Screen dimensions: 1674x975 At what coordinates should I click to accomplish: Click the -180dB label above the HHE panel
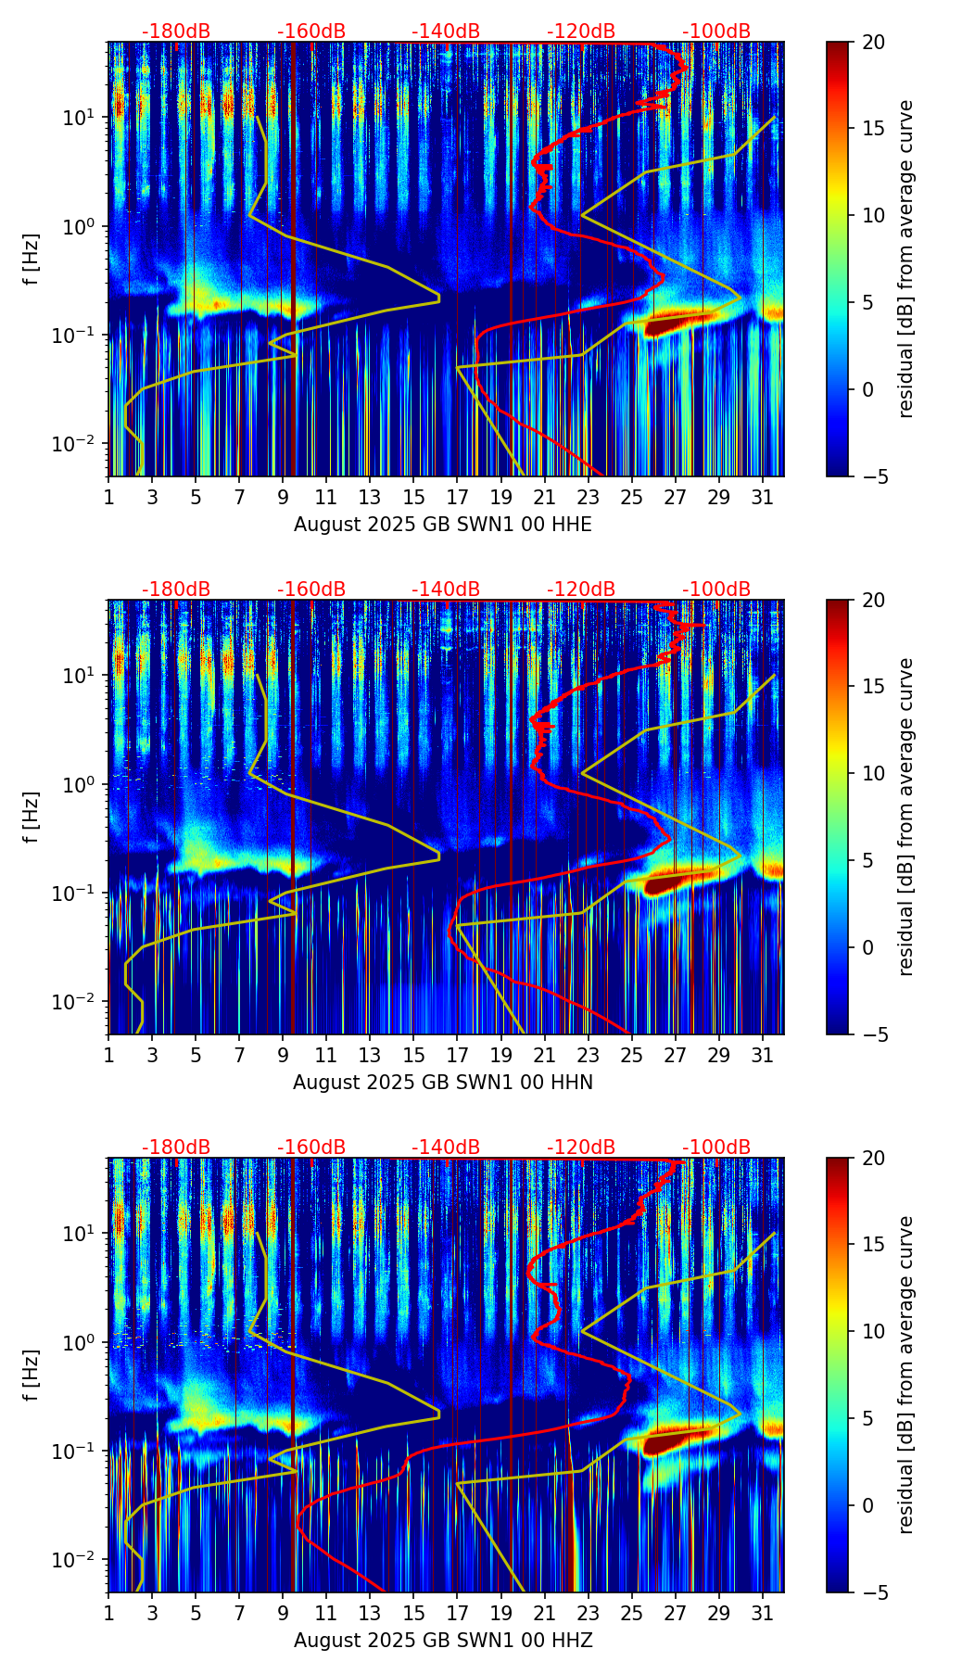(176, 32)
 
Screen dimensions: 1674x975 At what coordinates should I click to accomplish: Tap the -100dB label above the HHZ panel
(716, 1148)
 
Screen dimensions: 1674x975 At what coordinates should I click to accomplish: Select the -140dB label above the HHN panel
(446, 590)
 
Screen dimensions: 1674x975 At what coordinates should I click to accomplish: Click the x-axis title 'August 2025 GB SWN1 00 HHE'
(443, 525)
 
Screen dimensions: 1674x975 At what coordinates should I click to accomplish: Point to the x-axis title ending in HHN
(443, 1083)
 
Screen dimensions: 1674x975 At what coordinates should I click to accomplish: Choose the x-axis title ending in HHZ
(443, 1641)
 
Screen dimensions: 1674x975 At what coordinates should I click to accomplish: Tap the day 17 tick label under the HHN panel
(457, 1056)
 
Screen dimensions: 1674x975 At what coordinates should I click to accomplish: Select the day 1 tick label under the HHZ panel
(108, 1614)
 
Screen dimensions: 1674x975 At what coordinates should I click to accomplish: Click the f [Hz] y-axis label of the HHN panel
(32, 817)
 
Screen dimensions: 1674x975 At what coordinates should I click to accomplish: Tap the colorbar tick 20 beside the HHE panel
(872, 42)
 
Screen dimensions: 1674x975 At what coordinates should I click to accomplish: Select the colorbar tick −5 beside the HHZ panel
(872, 1592)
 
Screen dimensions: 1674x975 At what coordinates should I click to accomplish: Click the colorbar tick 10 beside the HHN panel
(872, 773)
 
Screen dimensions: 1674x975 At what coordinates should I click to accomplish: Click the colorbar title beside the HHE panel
(905, 259)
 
